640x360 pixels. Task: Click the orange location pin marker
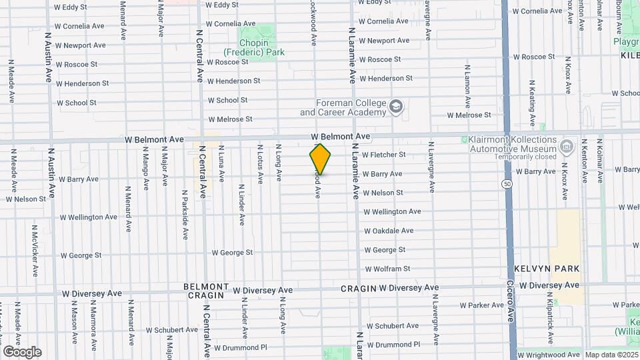pos(320,159)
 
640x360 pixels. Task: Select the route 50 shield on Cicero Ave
pos(508,183)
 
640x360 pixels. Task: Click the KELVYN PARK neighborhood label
pos(547,268)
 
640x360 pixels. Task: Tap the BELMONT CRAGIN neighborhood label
pos(206,291)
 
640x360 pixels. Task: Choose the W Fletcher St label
pos(383,155)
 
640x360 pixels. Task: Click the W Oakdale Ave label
pos(389,231)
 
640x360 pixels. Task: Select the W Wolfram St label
pos(387,269)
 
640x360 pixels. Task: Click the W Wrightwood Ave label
pos(548,355)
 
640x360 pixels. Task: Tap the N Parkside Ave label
pos(185,215)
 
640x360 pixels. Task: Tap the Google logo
pos(22,352)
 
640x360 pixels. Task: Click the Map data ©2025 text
pos(611,355)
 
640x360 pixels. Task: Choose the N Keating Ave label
pos(531,103)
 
